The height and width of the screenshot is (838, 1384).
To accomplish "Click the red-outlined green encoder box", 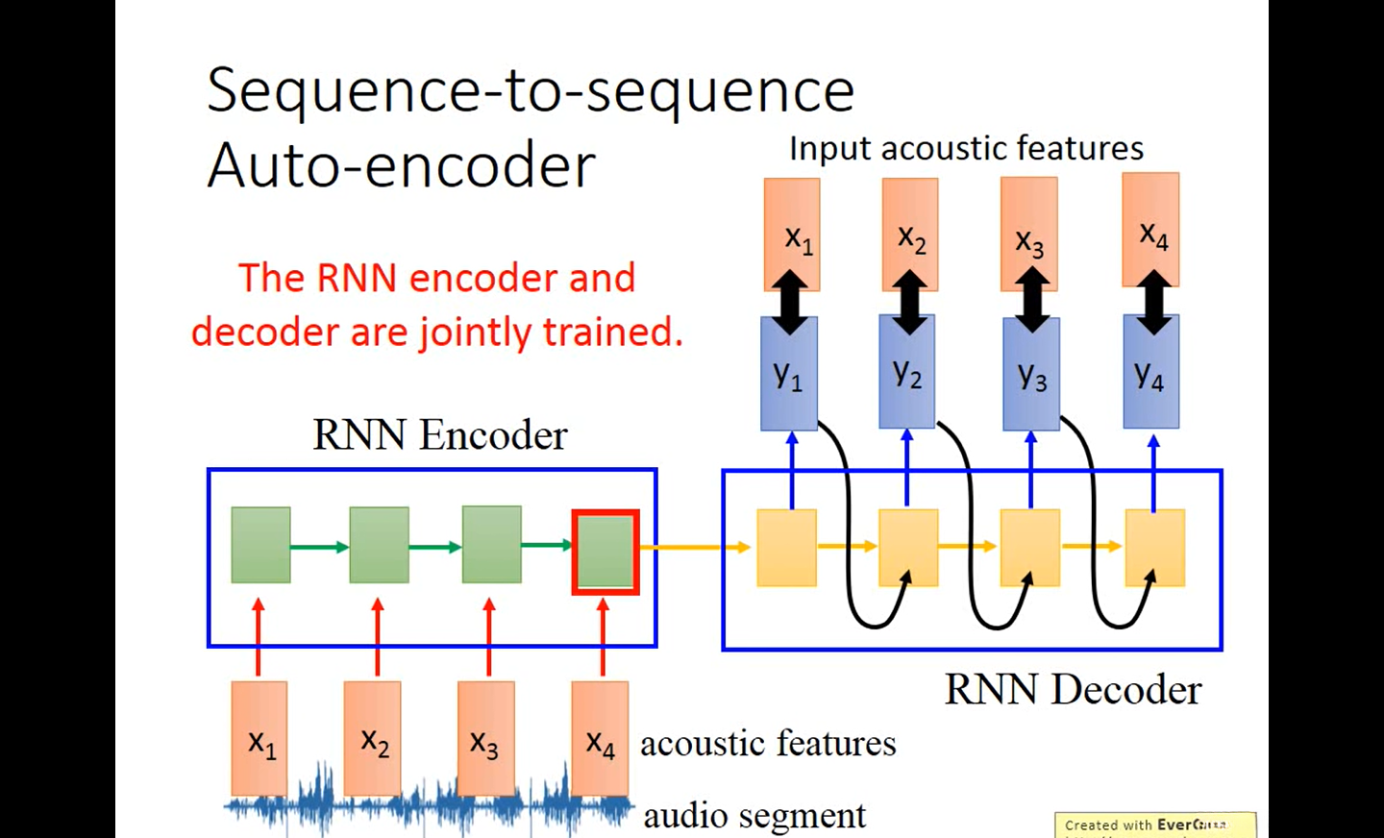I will pos(605,552).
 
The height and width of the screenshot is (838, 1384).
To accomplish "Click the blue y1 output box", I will pos(789,373).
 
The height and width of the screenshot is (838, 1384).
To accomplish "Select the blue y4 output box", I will pos(1150,373).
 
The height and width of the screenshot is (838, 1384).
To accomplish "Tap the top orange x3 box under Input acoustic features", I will pos(1029,234).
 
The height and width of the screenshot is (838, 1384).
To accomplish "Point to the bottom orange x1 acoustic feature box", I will pos(259,738).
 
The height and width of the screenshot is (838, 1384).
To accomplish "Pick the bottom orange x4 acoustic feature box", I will pos(600,738).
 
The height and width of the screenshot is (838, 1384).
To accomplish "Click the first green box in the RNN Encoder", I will pos(260,545).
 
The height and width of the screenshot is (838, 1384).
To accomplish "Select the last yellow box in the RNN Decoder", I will pos(1154,548).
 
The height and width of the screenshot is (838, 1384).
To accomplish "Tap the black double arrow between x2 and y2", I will pos(909,302).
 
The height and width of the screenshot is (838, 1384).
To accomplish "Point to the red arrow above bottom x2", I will pos(378,636).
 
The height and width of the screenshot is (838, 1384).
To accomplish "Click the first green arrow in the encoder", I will pos(319,548).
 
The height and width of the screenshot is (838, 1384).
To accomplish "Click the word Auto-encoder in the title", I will pos(401,165).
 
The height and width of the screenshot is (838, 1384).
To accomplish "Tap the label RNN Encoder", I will pos(439,434).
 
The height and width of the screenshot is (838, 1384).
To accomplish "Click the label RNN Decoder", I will pos(1073,689).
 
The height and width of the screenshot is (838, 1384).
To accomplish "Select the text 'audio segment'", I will pos(754,815).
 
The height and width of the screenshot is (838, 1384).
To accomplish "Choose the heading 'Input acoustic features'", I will pos(966,148).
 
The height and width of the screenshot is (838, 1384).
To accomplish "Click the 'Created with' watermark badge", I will pos(1153,825).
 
